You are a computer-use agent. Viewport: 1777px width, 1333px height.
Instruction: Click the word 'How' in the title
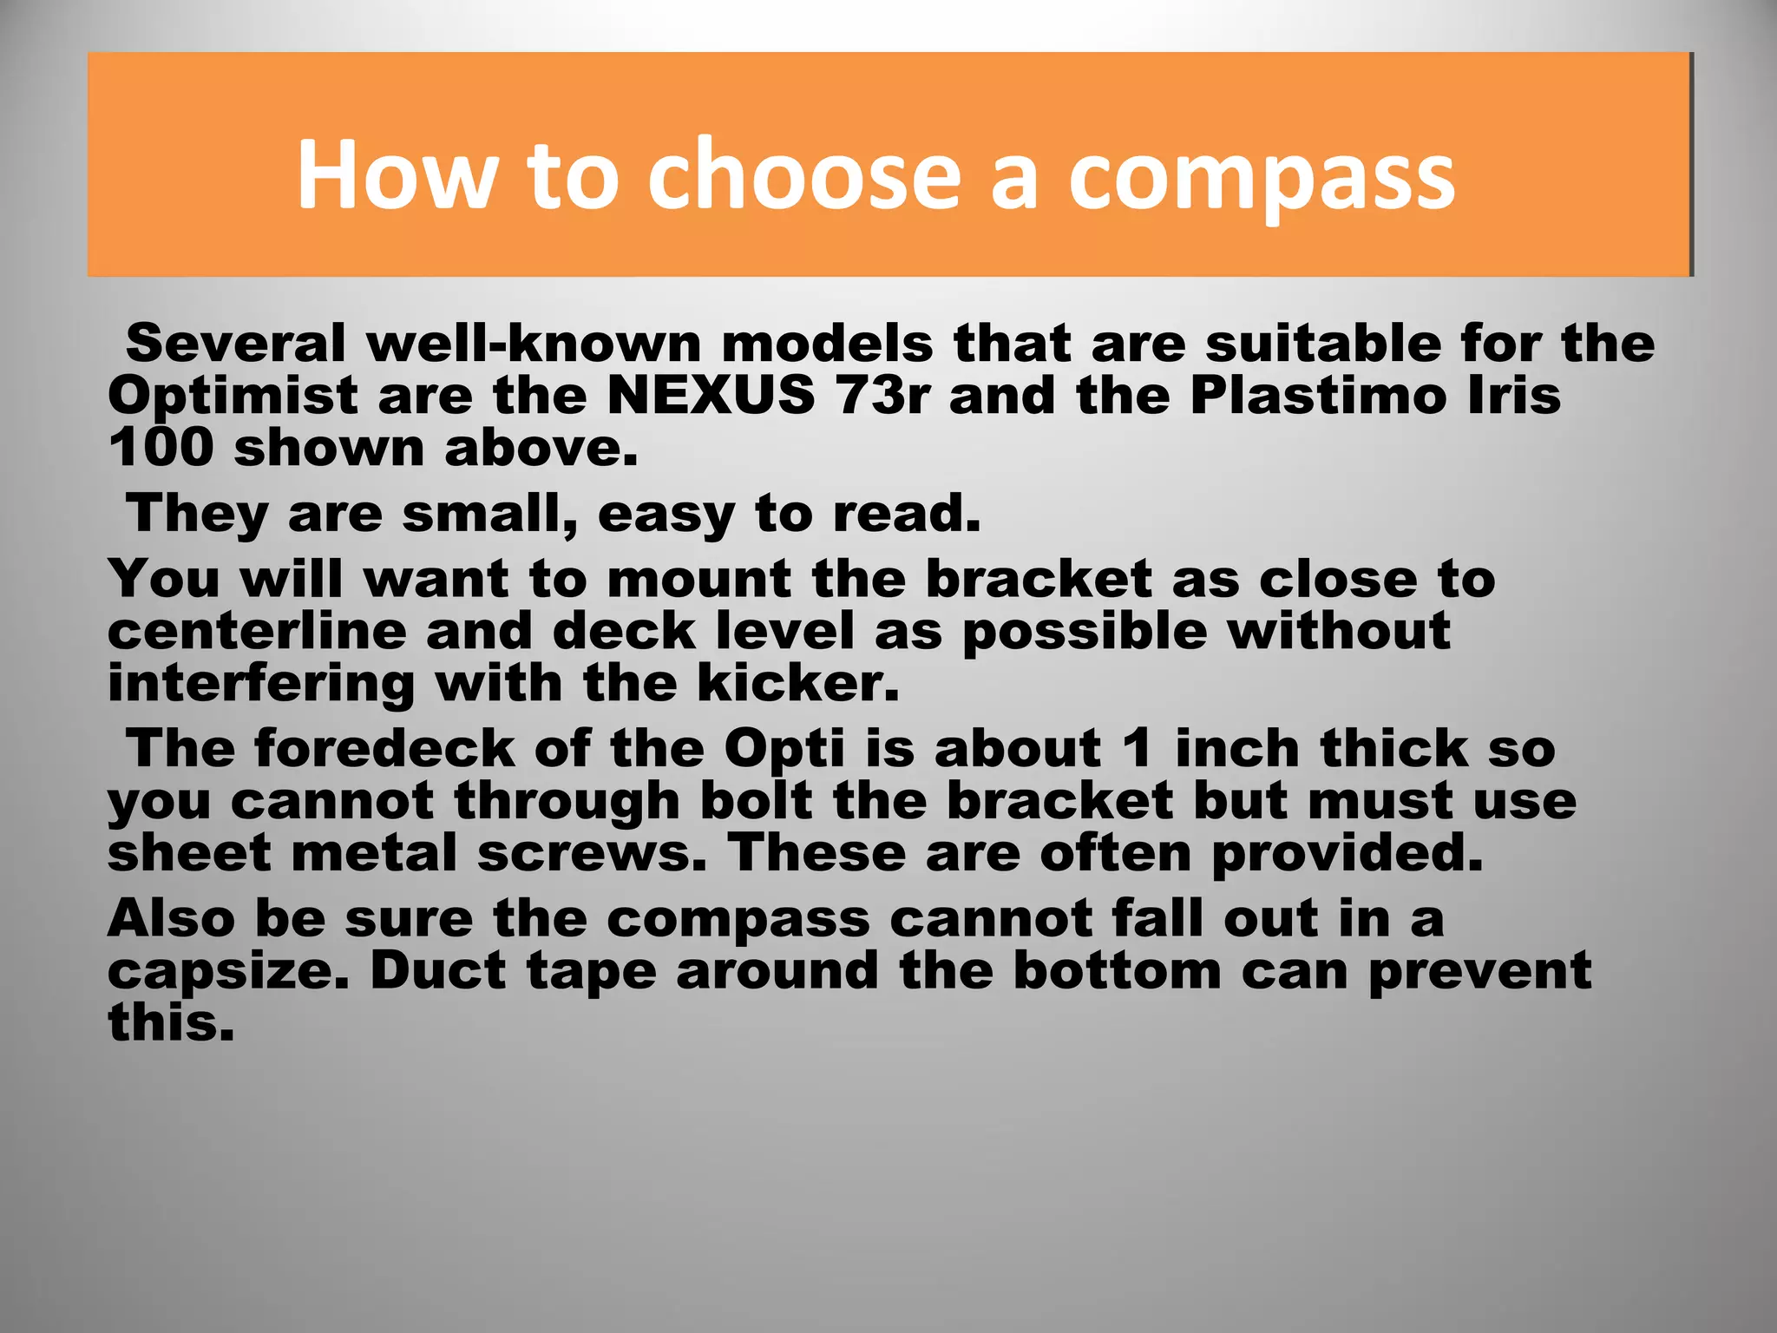point(397,175)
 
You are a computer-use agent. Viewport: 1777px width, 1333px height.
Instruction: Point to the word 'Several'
point(236,344)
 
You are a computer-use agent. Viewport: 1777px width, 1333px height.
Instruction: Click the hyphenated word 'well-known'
point(534,344)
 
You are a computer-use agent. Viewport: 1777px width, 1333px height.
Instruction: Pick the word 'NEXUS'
point(711,396)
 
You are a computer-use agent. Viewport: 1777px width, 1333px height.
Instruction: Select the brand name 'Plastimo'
point(1319,396)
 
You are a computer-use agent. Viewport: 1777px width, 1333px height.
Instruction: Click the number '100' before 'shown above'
point(161,448)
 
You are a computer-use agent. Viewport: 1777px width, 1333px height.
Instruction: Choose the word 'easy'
point(666,515)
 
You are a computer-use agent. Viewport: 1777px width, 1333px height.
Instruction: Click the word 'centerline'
point(257,631)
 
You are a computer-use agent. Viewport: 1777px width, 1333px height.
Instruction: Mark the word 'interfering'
point(261,684)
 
